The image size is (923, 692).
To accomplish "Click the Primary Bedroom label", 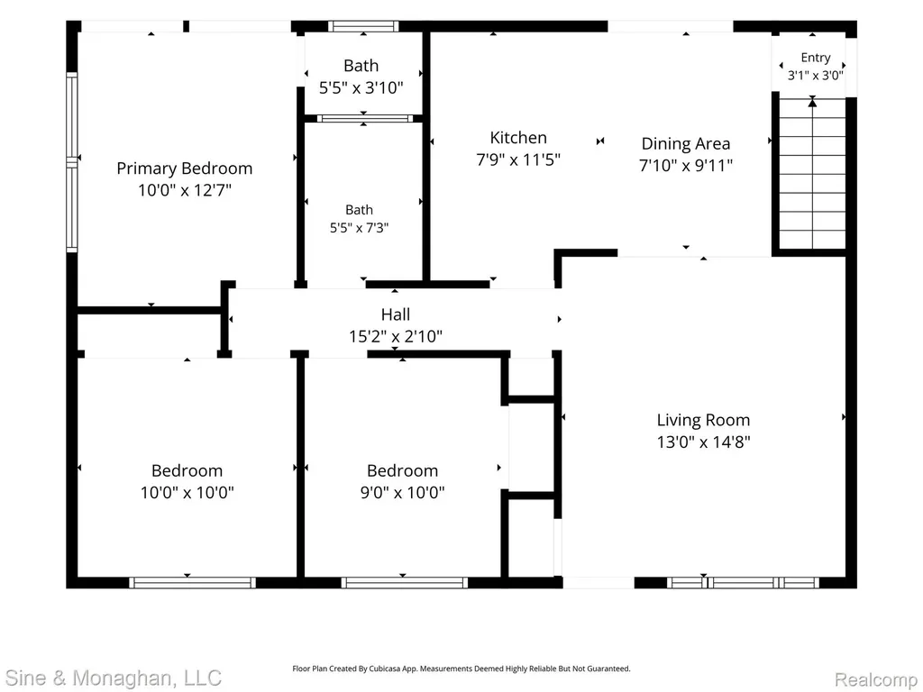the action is (184, 168).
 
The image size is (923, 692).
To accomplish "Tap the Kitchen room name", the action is (518, 138).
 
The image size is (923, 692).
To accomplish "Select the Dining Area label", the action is (686, 143).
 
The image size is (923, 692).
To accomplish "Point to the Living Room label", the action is (703, 420).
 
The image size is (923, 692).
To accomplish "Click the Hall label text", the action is (396, 314).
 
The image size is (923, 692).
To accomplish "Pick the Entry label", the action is (815, 58).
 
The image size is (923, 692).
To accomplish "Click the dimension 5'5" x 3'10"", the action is (361, 87).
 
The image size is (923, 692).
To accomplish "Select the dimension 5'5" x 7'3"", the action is (359, 228).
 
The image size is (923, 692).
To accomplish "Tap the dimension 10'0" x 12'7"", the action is (185, 190).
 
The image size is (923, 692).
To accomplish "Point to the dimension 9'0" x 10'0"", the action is (403, 492).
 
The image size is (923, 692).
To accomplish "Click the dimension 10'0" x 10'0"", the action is (187, 492).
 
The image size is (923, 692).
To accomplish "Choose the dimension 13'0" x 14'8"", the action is (703, 442).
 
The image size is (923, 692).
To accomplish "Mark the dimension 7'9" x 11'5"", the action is (518, 159).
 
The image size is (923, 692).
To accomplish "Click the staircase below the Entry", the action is (812, 174).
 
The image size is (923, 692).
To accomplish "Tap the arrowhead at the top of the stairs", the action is (812, 103).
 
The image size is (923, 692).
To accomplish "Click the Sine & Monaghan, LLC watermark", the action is (113, 678).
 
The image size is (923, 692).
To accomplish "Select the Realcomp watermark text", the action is (876, 679).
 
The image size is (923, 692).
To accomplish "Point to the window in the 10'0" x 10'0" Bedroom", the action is (193, 583).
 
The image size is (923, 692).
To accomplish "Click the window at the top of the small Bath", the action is (363, 26).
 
